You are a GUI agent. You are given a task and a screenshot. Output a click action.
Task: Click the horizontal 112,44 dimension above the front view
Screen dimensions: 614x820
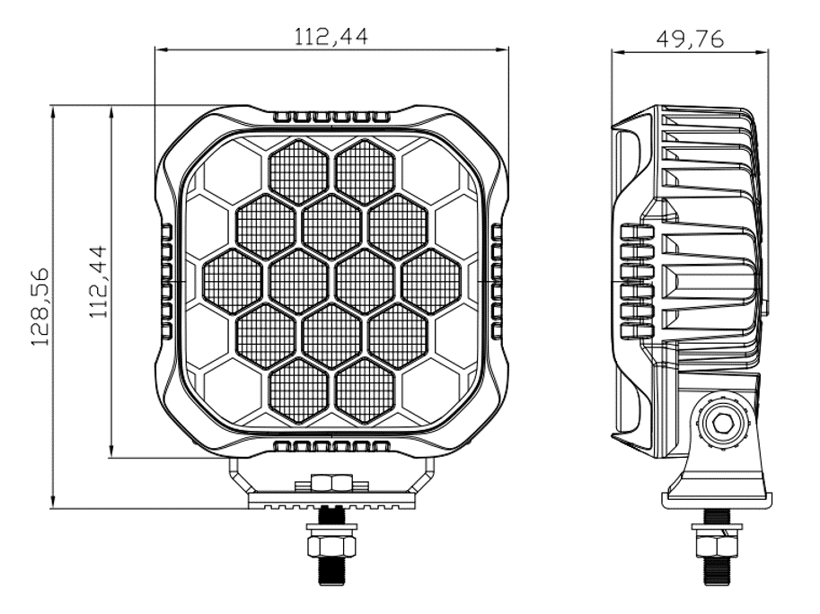click(331, 36)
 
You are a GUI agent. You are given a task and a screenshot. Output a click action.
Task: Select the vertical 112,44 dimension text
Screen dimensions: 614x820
click(98, 282)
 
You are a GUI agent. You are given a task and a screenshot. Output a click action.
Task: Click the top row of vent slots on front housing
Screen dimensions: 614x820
click(331, 118)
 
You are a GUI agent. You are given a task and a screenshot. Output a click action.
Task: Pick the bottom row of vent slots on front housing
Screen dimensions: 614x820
click(331, 446)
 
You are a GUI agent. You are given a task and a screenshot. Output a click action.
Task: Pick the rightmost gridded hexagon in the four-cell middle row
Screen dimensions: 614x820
click(431, 281)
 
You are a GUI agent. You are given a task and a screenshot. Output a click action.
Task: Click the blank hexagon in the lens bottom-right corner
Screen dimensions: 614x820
click(431, 390)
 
